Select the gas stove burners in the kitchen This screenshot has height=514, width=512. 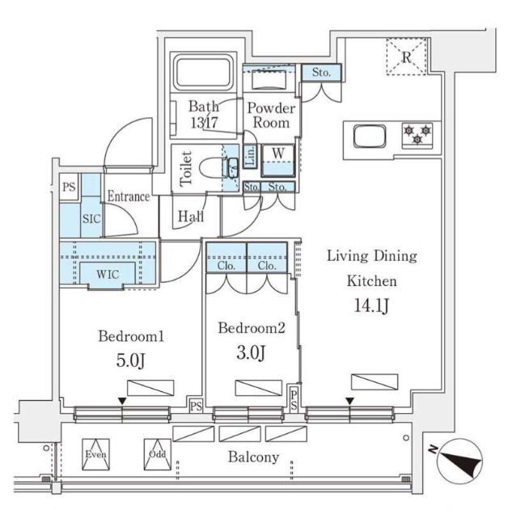click(x=417, y=134)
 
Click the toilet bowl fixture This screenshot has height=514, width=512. click(x=215, y=168)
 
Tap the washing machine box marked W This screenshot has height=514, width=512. click(x=277, y=154)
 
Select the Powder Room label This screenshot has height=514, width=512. click(x=271, y=116)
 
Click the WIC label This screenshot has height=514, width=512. click(x=108, y=274)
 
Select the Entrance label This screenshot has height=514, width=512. click(x=128, y=196)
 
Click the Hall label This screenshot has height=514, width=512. click(x=191, y=216)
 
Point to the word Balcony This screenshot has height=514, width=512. click(x=253, y=457)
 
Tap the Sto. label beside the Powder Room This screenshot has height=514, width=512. click(x=322, y=73)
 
